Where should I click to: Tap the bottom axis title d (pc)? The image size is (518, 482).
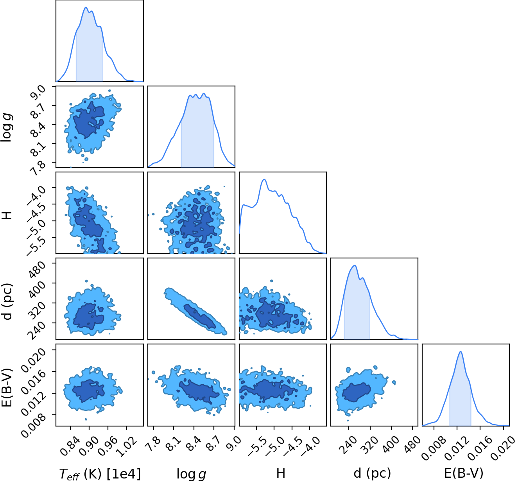point(372,473)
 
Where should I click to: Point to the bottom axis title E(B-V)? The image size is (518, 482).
point(464,473)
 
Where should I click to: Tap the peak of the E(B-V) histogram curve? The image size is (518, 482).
point(461,351)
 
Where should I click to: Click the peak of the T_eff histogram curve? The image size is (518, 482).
point(86,7)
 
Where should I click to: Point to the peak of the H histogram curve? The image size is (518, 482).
point(264,179)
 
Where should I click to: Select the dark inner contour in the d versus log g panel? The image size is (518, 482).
point(199,316)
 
